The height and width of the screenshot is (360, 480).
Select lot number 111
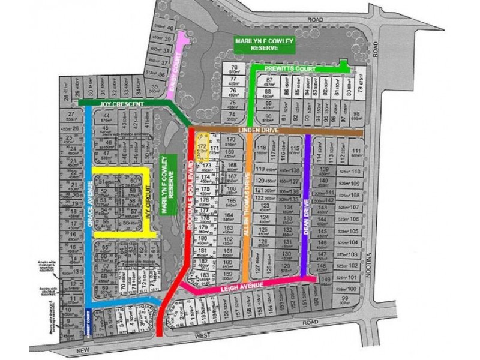(x=356, y=151)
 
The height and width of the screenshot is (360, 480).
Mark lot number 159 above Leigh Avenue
(x=226, y=274)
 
